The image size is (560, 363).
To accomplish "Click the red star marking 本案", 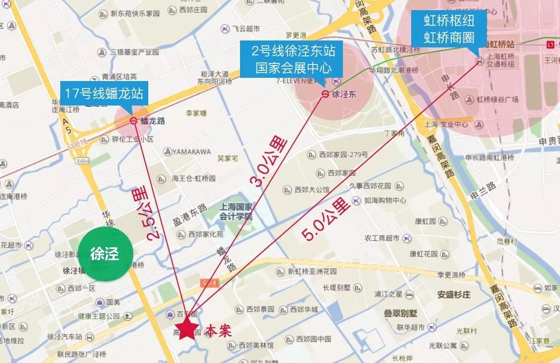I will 186,329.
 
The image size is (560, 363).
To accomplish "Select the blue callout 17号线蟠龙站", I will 104,94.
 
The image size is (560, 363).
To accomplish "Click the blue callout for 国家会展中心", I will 293,60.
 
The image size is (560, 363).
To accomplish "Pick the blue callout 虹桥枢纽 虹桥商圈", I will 449,29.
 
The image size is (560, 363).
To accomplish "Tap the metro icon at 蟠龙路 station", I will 133,121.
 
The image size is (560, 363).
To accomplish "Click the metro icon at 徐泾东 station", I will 325,94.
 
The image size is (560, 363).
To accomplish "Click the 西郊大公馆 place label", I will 312,189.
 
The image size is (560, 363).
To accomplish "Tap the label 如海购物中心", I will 385,201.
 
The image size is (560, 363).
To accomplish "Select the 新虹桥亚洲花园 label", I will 312,271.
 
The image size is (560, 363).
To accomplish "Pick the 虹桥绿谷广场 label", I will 498,100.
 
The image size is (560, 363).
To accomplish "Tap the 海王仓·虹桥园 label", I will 194,179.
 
